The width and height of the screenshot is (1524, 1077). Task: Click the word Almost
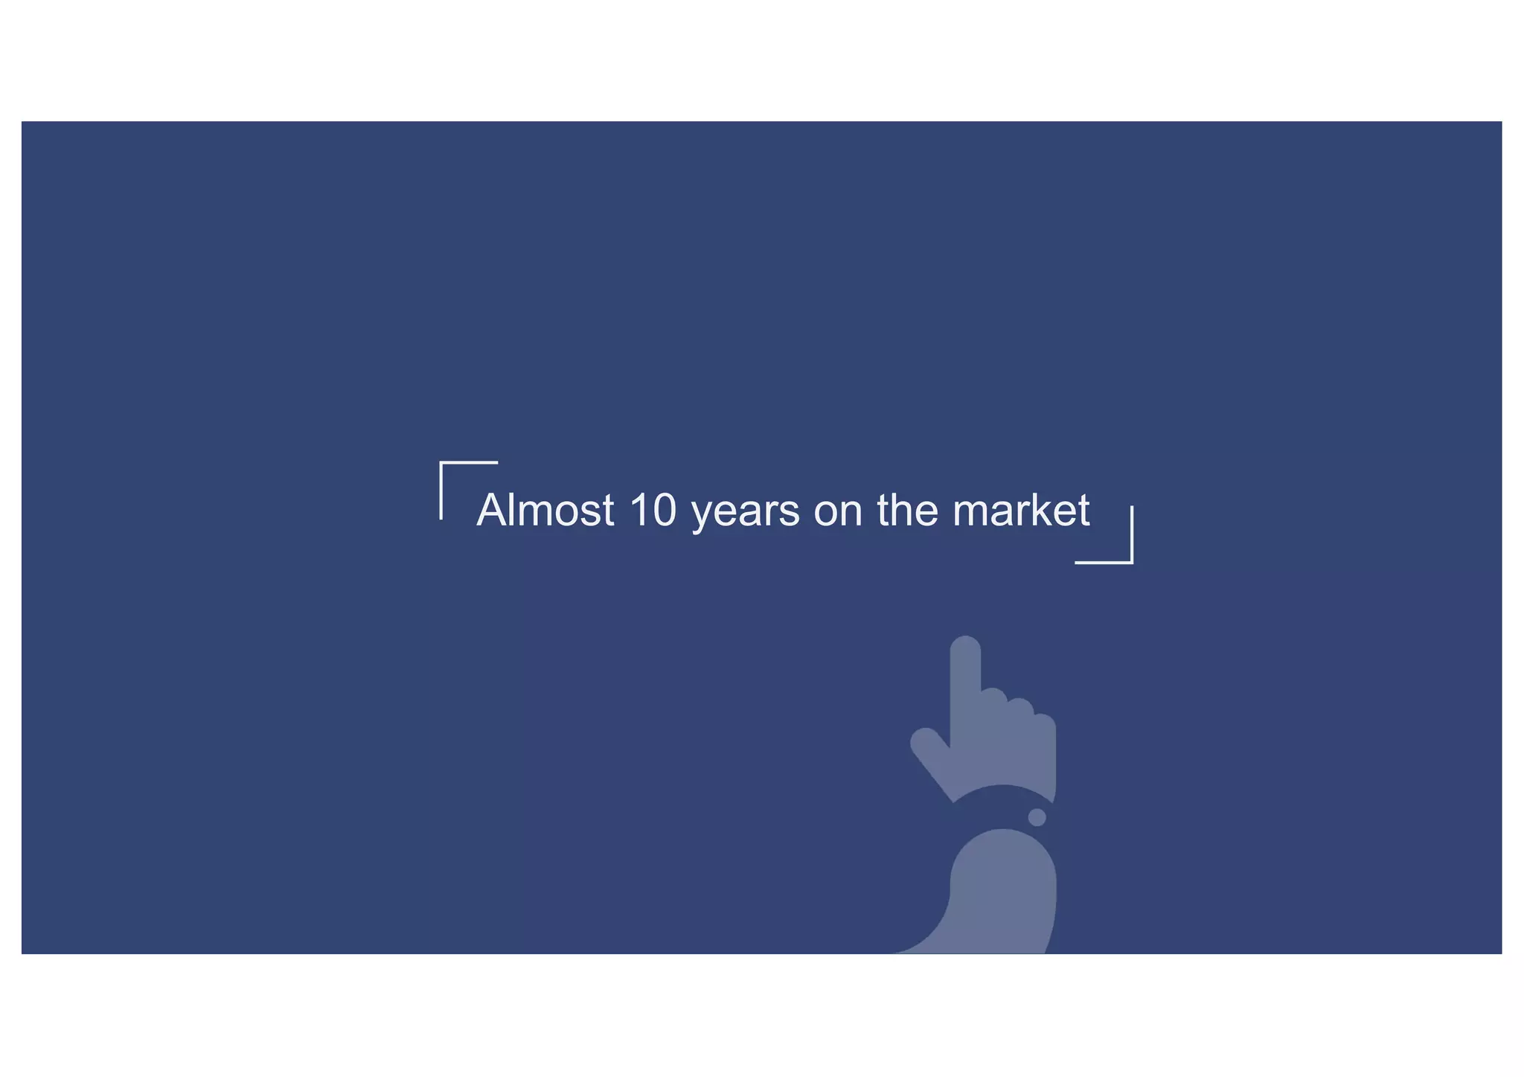point(545,511)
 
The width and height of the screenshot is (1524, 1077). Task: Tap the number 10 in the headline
point(653,511)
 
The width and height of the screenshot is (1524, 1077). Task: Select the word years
point(746,513)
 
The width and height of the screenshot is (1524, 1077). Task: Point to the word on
point(838,513)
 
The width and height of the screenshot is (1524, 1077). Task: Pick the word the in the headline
point(908,511)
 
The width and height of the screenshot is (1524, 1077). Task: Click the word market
point(1021,511)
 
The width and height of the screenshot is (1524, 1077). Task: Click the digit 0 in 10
point(663,511)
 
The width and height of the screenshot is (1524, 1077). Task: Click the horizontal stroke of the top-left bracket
point(469,463)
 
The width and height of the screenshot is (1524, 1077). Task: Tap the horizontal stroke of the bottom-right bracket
point(1104,563)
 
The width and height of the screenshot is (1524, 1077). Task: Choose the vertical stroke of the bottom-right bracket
point(1132,534)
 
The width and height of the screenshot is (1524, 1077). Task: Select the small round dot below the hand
point(1037,817)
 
